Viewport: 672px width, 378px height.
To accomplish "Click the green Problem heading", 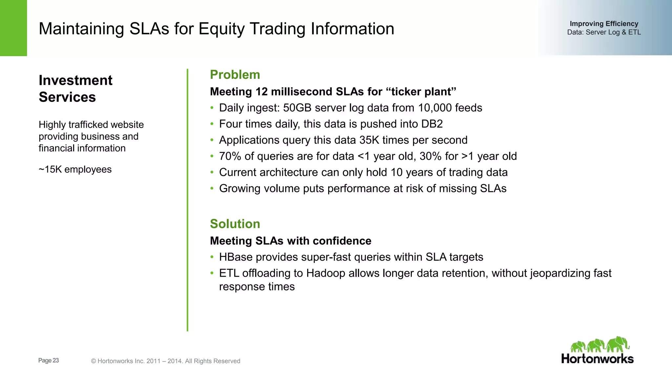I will [x=235, y=75].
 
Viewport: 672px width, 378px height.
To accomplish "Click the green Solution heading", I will [x=235, y=224].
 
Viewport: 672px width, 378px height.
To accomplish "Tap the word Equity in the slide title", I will [x=221, y=29].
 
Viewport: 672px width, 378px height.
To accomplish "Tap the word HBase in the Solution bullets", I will [x=236, y=257].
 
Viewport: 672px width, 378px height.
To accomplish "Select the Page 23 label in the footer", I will [x=49, y=360].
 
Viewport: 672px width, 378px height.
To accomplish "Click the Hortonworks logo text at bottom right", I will [x=597, y=359].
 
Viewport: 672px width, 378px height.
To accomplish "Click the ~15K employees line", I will [x=75, y=169].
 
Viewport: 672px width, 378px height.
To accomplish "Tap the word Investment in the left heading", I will [x=75, y=80].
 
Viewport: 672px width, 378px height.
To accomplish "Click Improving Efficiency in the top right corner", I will [x=604, y=24].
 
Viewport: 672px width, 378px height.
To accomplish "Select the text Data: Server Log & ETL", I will [x=604, y=32].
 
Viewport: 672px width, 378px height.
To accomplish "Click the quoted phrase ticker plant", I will [x=421, y=92].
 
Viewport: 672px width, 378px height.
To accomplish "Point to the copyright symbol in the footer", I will [x=94, y=361].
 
